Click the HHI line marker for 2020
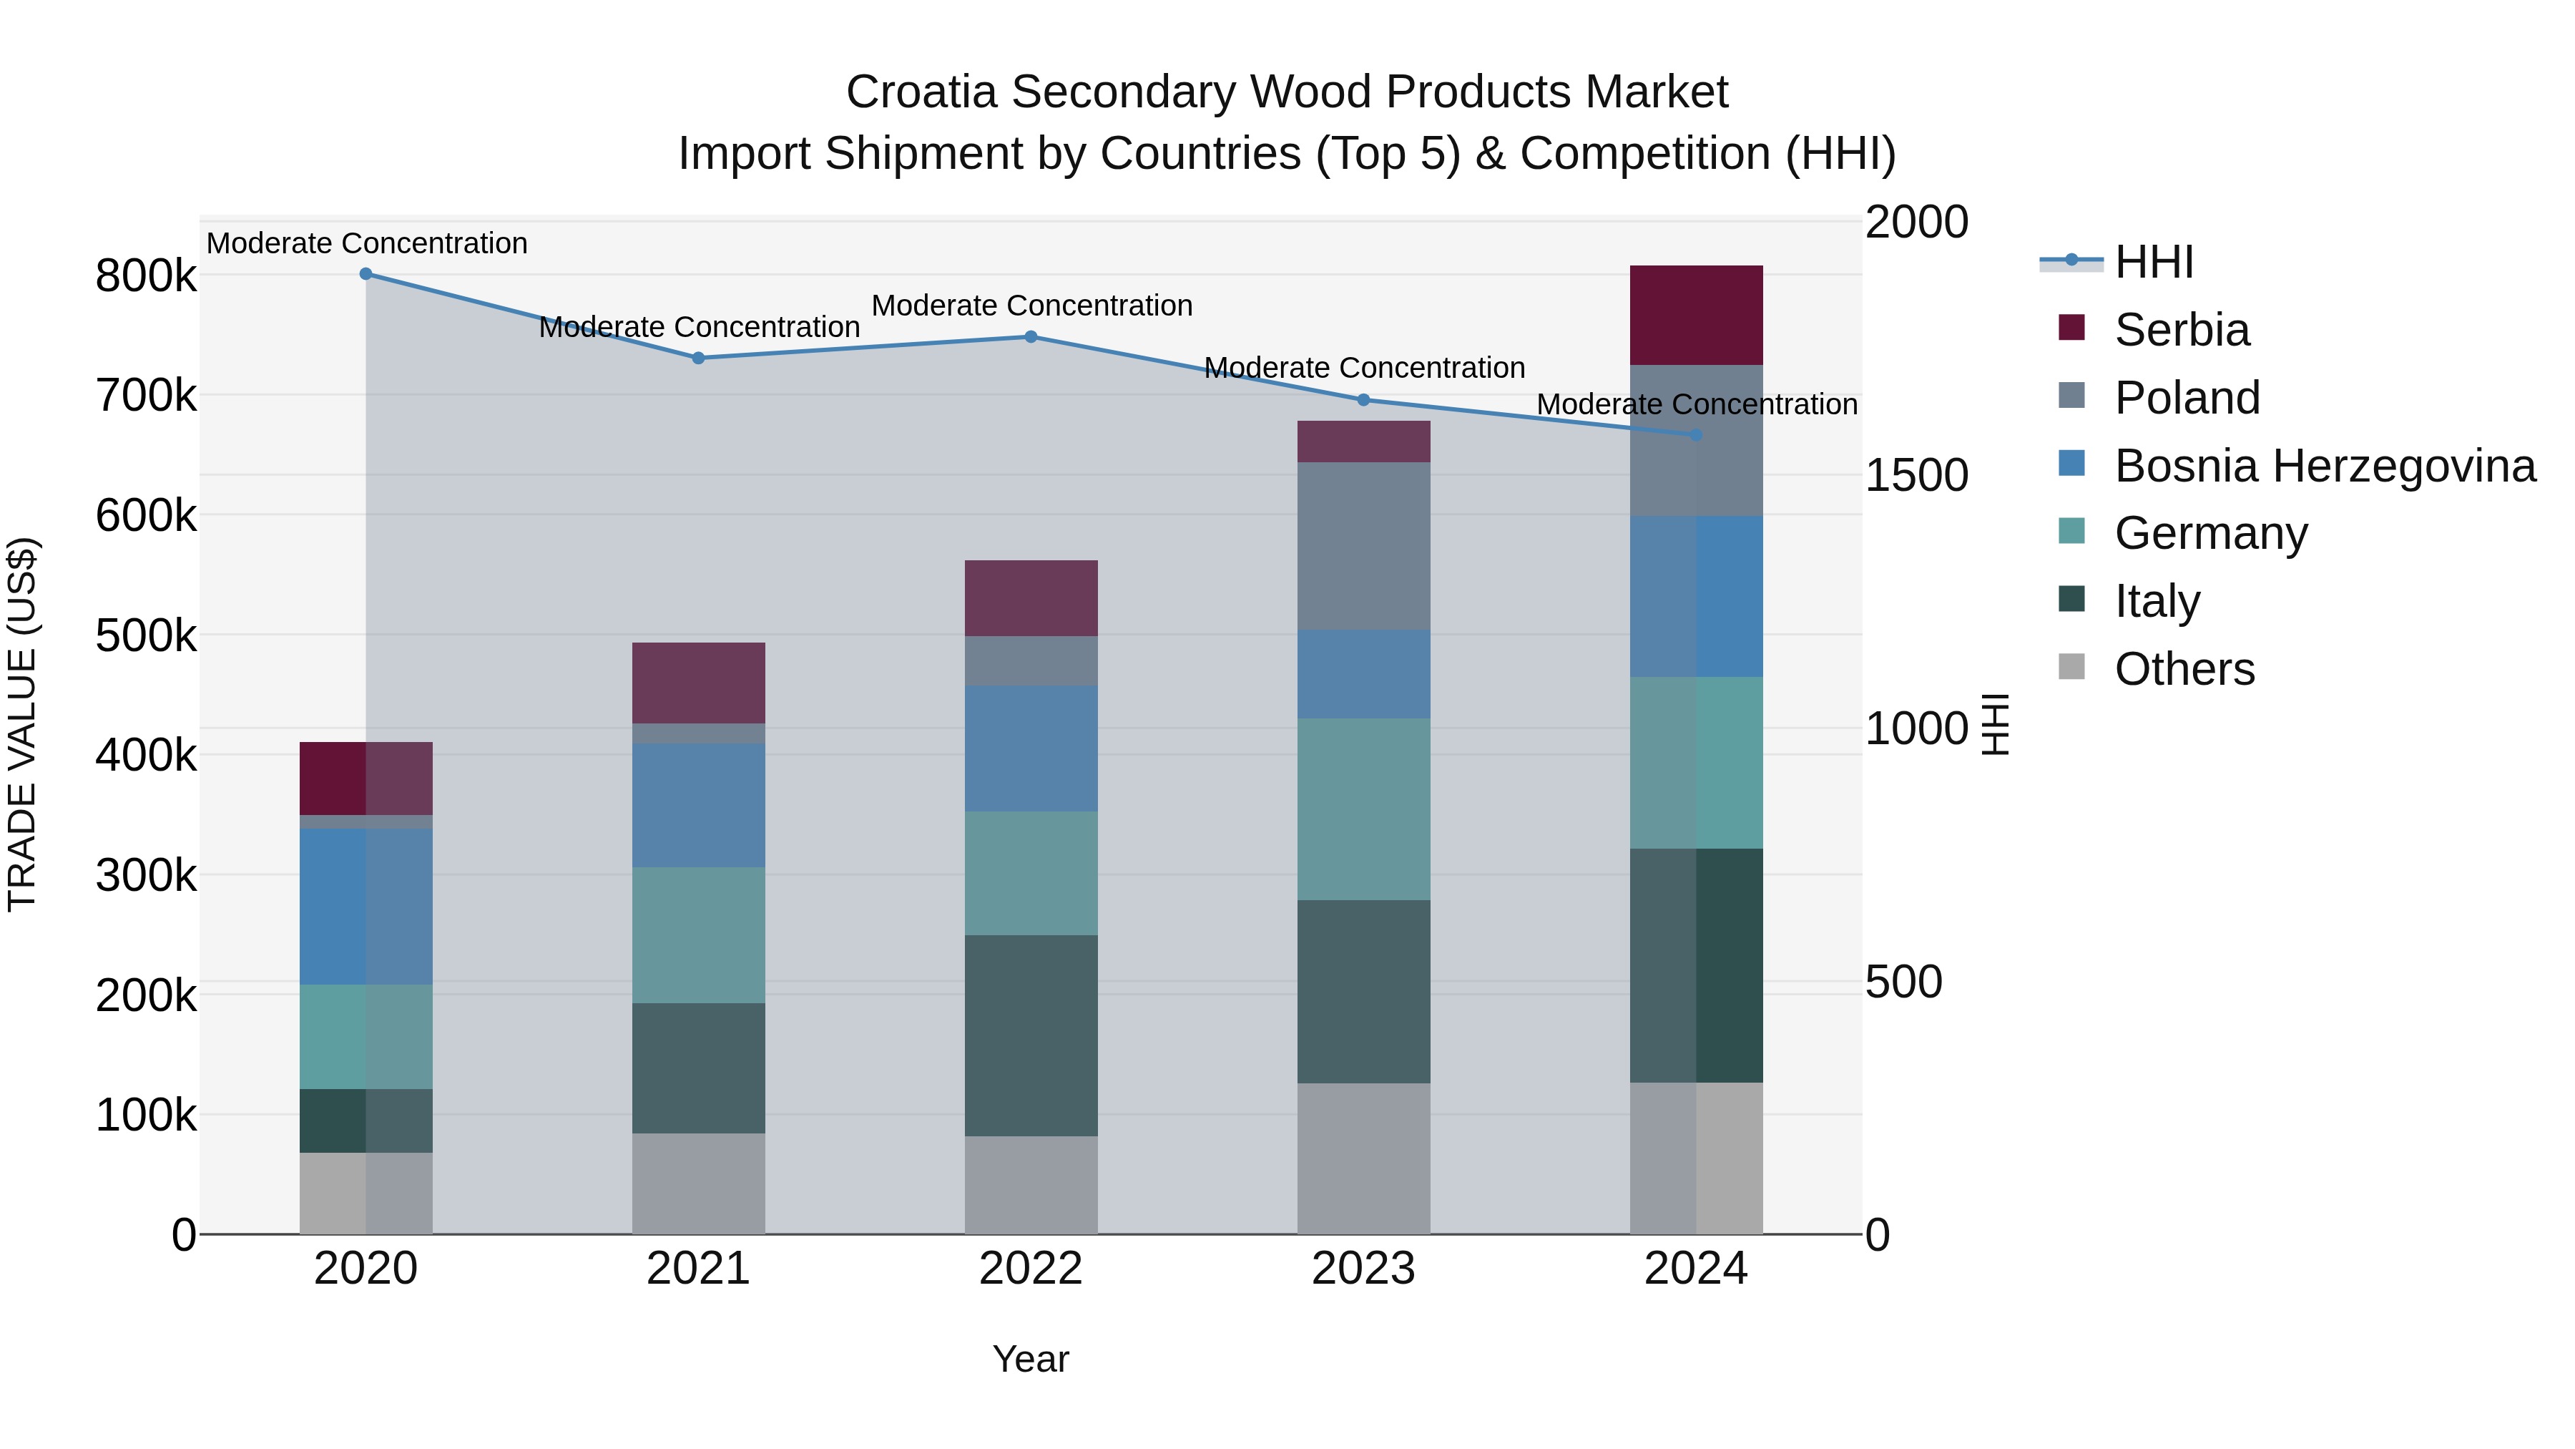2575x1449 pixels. (x=366, y=274)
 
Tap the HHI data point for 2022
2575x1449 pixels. (x=1031, y=337)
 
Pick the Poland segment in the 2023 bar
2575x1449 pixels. (x=1363, y=546)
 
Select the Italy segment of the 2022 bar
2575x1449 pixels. (x=1031, y=1036)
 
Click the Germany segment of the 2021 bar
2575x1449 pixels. (x=699, y=936)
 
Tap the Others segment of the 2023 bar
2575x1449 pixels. (x=1363, y=1159)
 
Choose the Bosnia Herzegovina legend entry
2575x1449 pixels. (x=2324, y=466)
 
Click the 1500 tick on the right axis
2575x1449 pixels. (x=1916, y=476)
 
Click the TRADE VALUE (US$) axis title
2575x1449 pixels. (x=23, y=724)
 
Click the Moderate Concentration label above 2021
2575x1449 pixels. (x=699, y=328)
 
